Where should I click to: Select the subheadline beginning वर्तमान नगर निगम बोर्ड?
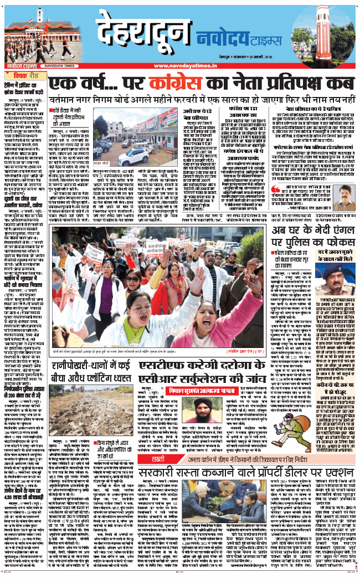click(202, 102)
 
